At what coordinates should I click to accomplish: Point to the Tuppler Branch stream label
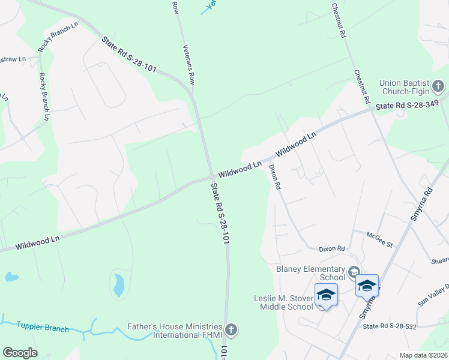(43, 328)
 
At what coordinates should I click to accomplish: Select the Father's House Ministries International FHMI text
(175, 331)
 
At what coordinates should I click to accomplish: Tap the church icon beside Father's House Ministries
(232, 329)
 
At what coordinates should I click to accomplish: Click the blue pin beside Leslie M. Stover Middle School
(326, 295)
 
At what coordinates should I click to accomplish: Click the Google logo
(20, 353)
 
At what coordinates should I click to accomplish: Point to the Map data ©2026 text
(423, 355)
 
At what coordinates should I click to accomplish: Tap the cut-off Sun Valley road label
(433, 295)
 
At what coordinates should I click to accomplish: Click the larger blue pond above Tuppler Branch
(118, 285)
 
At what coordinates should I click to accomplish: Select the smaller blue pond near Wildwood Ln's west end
(10, 277)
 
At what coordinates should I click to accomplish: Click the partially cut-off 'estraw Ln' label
(13, 59)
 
